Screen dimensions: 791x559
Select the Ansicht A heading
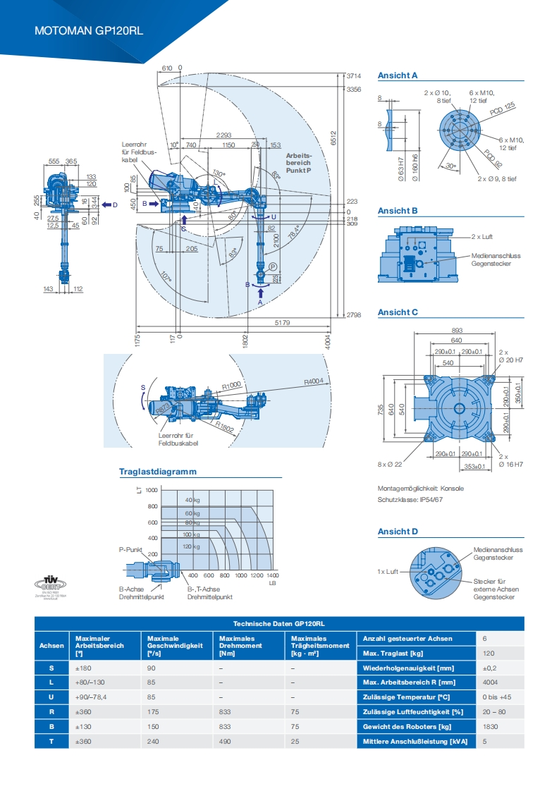398,75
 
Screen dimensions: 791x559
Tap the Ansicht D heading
398,532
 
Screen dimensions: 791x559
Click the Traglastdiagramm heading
157,472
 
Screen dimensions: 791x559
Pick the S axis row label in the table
51,668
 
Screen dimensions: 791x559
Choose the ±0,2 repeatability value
490,668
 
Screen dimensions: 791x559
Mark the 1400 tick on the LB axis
273,575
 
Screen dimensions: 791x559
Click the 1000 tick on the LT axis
151,489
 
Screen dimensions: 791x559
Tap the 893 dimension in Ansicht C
457,330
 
